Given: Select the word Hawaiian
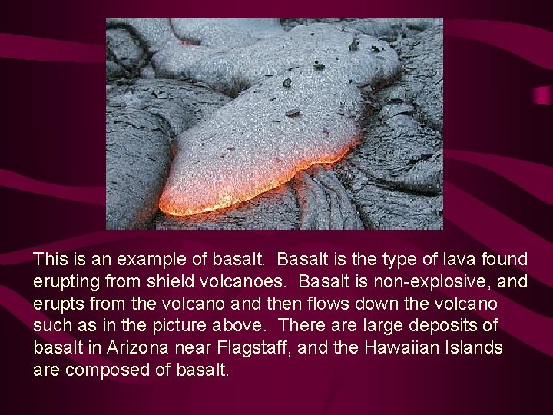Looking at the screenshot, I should pyautogui.click(x=409, y=348).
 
